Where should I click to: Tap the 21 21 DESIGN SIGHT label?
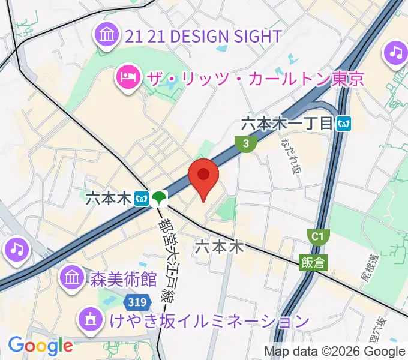click(203, 37)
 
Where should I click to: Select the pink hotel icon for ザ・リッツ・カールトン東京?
click(128, 77)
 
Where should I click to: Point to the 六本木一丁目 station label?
click(287, 124)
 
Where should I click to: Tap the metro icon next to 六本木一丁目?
click(344, 124)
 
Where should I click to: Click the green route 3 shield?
click(246, 143)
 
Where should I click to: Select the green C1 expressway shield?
click(318, 237)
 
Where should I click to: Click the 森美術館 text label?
click(123, 279)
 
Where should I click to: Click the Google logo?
click(40, 346)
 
